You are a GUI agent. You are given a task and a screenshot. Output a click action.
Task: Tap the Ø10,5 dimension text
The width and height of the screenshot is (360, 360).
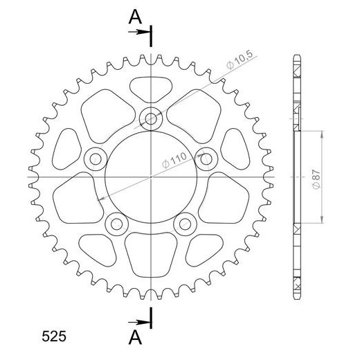coord(239,66)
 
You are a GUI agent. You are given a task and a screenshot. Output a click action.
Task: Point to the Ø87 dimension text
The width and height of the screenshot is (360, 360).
coord(316,178)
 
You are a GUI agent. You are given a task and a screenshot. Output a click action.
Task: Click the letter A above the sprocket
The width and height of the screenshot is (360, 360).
coord(135,16)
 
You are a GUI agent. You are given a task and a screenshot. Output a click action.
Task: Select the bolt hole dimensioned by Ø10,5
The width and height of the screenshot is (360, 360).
coord(150,118)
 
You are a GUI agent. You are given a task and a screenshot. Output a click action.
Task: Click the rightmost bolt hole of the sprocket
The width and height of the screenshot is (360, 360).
coord(206,159)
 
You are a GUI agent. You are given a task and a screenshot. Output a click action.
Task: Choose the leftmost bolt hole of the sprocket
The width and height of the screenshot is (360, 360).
coord(94,159)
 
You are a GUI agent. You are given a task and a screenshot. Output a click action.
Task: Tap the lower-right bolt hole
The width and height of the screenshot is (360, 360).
coord(184,224)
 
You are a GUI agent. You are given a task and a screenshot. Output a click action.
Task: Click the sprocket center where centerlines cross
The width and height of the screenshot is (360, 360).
coord(150,177)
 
